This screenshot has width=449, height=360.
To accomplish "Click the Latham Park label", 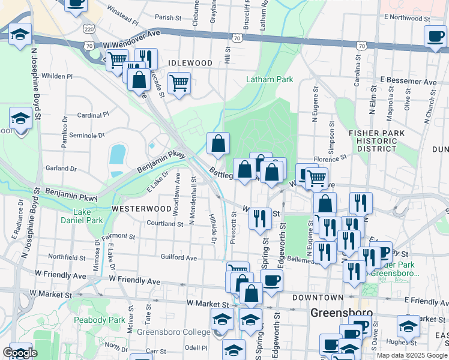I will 270,79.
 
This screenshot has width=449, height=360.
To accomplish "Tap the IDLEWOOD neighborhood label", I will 191,63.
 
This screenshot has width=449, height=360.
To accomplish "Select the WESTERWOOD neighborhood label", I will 141,208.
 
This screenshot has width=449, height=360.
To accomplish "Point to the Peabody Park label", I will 95,320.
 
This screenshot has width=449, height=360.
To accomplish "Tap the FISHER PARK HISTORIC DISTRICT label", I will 377,140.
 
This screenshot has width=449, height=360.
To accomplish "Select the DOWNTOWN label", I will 318,298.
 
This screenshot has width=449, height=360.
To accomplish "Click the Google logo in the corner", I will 20,353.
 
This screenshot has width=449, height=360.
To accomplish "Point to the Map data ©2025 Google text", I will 411,355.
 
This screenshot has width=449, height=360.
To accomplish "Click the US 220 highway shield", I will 89,29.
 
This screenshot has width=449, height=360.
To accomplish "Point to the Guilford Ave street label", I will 179,257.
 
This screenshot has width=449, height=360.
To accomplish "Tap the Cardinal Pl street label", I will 93,114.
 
